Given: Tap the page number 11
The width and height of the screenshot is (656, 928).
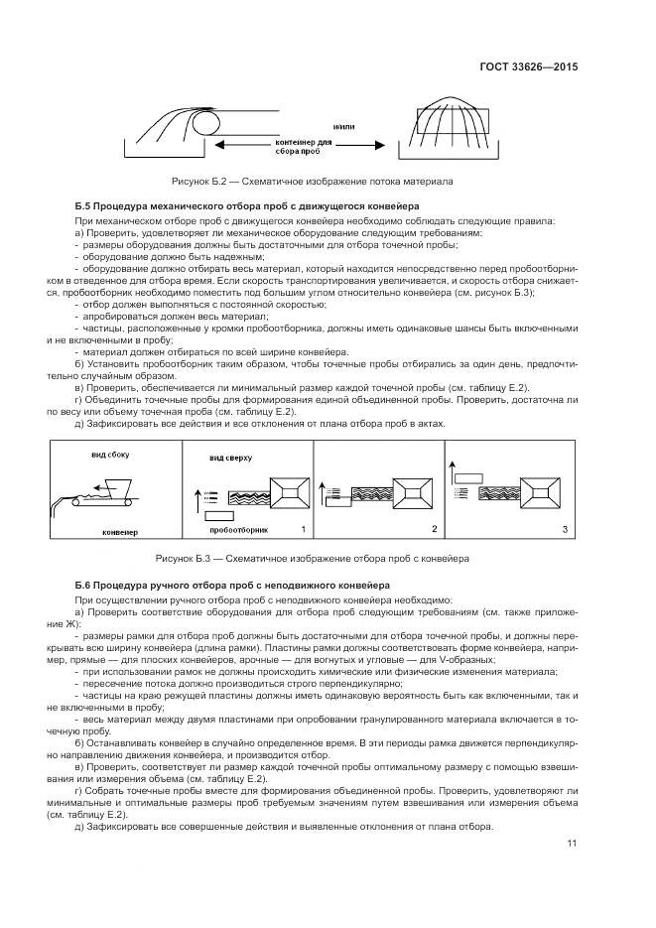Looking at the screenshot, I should point(572,845).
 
